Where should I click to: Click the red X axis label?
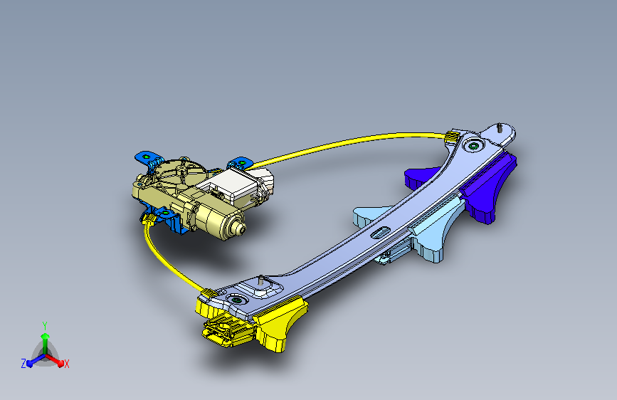coord(66,364)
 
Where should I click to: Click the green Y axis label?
coord(45,325)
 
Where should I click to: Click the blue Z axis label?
coord(23,364)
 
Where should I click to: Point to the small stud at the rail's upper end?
coord(500,127)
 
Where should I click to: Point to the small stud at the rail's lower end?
coord(260,280)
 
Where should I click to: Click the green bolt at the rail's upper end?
coord(473,147)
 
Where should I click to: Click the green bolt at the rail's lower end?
coord(236,300)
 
